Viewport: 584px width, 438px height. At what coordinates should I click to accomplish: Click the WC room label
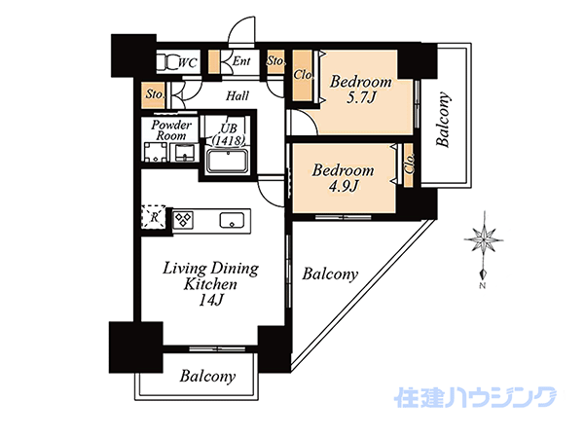[x=187, y=62]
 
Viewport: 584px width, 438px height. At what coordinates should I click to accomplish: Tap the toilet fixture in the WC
[x=167, y=62]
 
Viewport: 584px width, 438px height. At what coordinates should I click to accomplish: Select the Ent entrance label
[x=241, y=60]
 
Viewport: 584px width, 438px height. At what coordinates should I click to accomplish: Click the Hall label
[x=237, y=95]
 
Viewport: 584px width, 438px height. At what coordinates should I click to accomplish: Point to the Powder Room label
[x=171, y=129]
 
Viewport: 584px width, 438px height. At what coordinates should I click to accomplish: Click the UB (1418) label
[x=229, y=134]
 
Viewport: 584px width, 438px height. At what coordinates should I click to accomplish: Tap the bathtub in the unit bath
[x=228, y=162]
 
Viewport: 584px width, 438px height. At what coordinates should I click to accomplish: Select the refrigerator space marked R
[x=154, y=216]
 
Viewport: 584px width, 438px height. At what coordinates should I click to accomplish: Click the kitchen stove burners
[x=184, y=219]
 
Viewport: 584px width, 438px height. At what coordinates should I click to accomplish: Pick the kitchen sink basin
[x=232, y=220]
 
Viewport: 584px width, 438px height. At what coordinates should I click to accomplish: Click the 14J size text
[x=210, y=300]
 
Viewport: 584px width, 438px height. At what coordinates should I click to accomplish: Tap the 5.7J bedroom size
[x=360, y=97]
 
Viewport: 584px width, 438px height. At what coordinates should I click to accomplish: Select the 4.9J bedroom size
[x=343, y=186]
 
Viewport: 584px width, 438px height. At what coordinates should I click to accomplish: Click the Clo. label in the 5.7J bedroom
[x=303, y=75]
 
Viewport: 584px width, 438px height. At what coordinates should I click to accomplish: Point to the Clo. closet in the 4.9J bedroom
[x=409, y=164]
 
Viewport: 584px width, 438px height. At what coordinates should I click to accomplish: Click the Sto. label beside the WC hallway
[x=154, y=93]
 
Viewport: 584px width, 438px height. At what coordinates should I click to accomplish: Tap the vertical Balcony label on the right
[x=443, y=119]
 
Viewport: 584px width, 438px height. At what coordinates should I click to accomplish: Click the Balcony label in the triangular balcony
[x=330, y=274]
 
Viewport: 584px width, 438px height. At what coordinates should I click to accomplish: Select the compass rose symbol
[x=484, y=239]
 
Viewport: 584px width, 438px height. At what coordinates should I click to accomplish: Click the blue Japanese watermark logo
[x=475, y=397]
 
